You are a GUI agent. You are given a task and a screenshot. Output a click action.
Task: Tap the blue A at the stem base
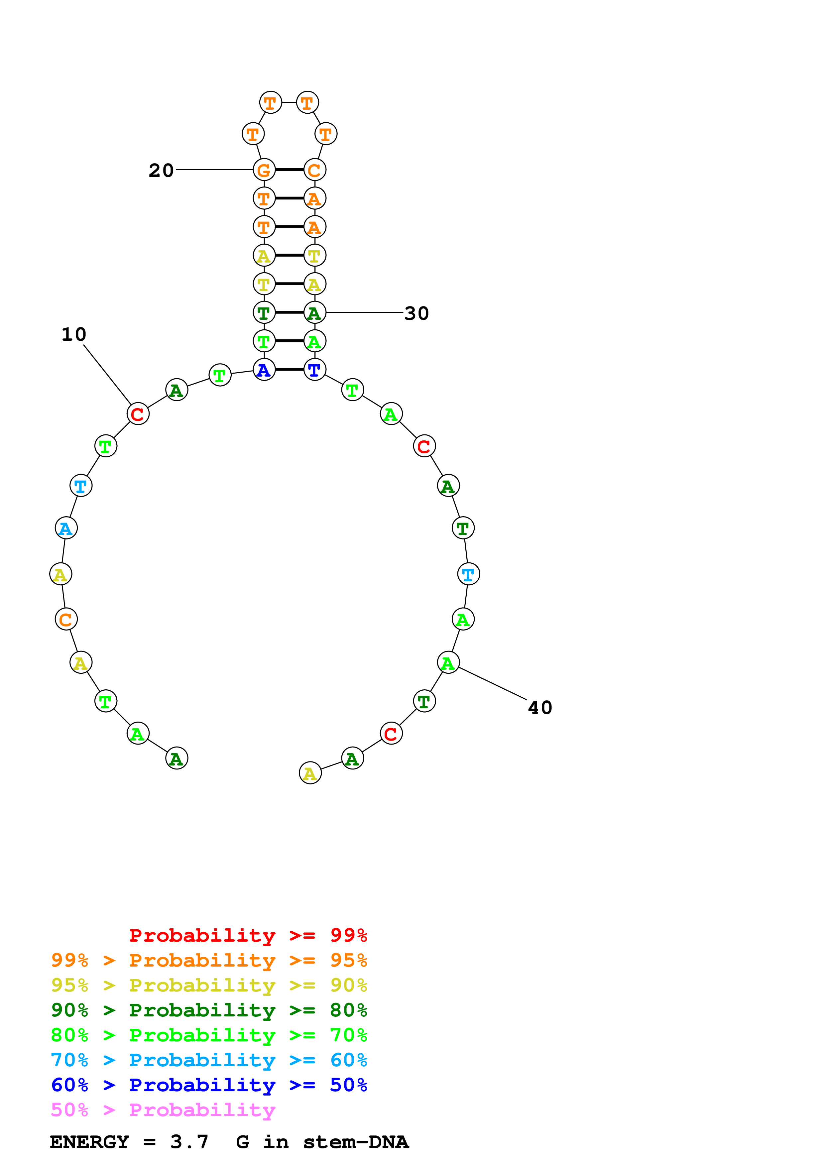coord(264,370)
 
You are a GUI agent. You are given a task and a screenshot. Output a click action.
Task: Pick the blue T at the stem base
coord(315,370)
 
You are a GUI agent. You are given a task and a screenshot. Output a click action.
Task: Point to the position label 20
coord(161,170)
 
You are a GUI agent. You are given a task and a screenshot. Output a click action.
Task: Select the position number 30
coord(416,313)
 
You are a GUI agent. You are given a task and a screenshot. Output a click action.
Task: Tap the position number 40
coord(540,707)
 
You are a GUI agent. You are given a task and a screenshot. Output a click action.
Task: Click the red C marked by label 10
coord(138,414)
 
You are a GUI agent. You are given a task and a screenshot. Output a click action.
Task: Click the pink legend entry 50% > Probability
coord(163,1110)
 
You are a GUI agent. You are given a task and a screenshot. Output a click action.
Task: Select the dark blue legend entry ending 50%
coord(209,1085)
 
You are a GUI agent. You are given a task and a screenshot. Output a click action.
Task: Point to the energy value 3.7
coord(189,1142)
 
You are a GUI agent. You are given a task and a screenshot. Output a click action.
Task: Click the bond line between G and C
coord(290,170)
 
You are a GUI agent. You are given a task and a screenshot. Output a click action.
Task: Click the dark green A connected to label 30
coord(315,313)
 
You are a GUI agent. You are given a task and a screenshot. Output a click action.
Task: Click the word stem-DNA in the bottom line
coord(355,1142)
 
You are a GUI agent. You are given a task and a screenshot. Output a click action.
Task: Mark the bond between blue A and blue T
coord(290,370)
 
